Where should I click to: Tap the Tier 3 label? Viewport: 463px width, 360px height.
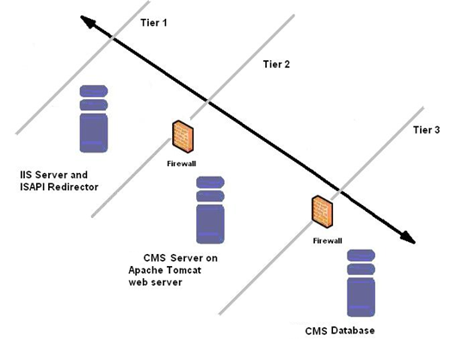(x=427, y=129)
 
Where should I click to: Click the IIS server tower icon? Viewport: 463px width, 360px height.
(x=96, y=120)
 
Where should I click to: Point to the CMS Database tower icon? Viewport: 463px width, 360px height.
(x=362, y=285)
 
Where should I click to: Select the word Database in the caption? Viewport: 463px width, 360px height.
(x=355, y=331)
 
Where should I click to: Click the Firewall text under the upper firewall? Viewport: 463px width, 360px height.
(x=182, y=161)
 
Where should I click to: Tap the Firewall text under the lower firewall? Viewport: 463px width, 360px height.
(x=326, y=240)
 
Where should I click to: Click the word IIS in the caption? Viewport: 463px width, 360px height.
(x=28, y=175)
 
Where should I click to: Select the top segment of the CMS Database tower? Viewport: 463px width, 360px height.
(x=362, y=258)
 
